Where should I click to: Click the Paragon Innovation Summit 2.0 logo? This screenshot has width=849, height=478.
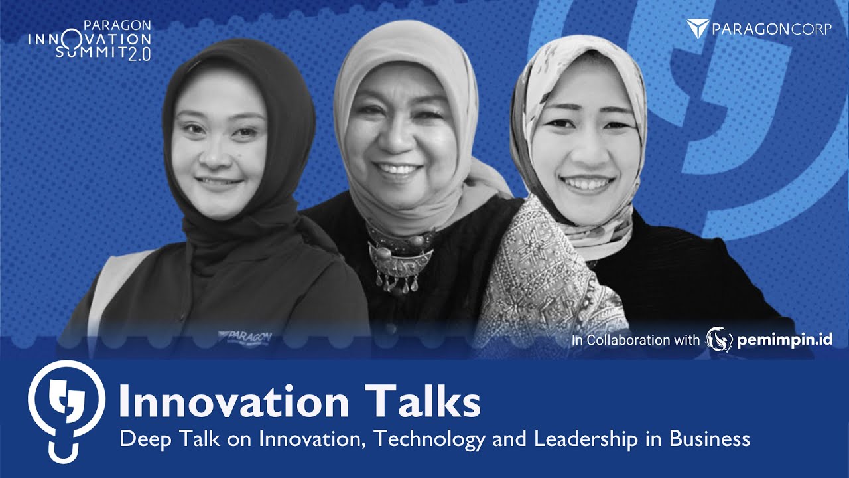tap(90, 40)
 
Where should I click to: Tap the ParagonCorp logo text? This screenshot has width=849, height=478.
tap(771, 29)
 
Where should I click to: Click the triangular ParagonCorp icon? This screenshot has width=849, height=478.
tap(698, 28)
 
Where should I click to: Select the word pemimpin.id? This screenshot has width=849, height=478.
tap(785, 340)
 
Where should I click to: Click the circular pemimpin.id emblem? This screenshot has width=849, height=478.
tap(720, 339)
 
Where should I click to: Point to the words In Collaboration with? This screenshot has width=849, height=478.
tap(635, 340)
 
